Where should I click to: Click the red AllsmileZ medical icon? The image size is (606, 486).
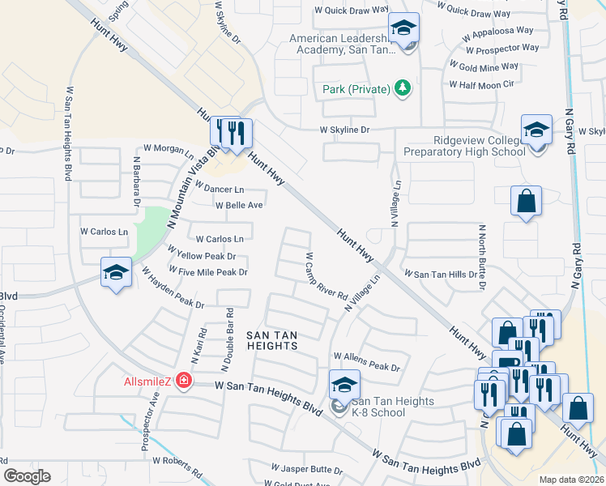[x=184, y=380]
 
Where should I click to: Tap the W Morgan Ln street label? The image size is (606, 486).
[x=169, y=148]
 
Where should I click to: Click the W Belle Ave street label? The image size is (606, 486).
[x=238, y=205]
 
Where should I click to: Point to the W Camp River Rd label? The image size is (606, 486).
[x=326, y=276]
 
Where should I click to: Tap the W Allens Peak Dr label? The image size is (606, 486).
[x=367, y=362]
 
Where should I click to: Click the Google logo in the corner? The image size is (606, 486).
[x=27, y=476]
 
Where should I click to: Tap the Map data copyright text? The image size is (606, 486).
[x=572, y=480]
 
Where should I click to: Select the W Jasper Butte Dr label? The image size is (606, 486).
[x=307, y=469]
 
